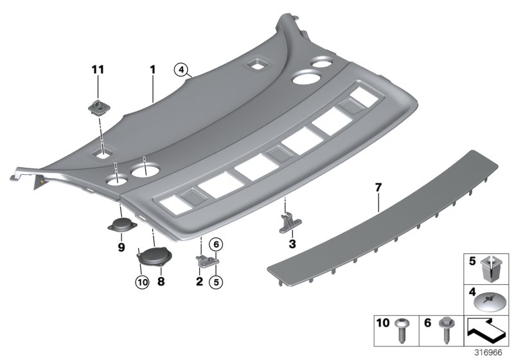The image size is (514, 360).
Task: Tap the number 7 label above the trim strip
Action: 378,188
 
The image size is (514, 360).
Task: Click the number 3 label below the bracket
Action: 292,244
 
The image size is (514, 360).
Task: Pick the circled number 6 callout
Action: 216,244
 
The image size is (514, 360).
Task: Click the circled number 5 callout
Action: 216,281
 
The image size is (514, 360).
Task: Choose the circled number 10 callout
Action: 141,281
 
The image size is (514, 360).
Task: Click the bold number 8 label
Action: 161,281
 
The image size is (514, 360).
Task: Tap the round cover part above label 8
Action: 154,258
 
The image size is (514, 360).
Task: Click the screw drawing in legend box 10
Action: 405,327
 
